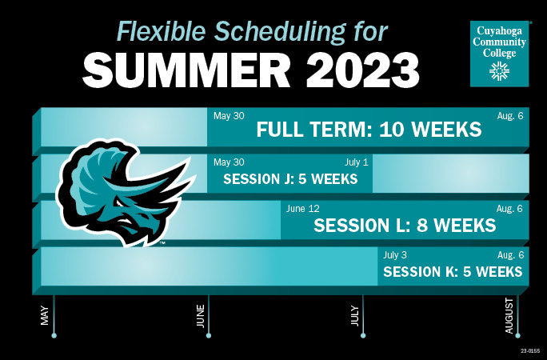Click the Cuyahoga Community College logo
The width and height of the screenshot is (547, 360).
(x=499, y=54)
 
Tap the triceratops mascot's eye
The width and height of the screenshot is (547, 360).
(x=120, y=204)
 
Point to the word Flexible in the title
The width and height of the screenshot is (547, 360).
(x=161, y=30)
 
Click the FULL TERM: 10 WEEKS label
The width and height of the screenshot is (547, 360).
(x=369, y=130)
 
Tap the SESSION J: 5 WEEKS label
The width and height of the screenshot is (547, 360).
(x=290, y=179)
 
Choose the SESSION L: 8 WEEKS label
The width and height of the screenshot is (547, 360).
(x=405, y=225)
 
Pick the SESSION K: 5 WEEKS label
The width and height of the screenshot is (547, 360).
(x=453, y=272)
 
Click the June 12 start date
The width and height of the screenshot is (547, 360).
(x=302, y=209)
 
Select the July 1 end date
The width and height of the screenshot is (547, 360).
(x=356, y=162)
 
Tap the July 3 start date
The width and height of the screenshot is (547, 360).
(x=395, y=255)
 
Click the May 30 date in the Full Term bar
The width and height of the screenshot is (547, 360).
(x=229, y=116)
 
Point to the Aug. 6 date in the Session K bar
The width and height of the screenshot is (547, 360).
(x=510, y=255)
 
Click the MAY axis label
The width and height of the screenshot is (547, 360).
(x=45, y=316)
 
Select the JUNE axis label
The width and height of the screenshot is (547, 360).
(x=200, y=316)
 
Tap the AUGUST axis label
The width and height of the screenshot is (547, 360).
(x=509, y=316)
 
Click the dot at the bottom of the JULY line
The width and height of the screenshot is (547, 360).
(x=363, y=335)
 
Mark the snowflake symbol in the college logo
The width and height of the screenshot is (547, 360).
(x=499, y=71)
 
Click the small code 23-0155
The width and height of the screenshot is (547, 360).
(x=530, y=350)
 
